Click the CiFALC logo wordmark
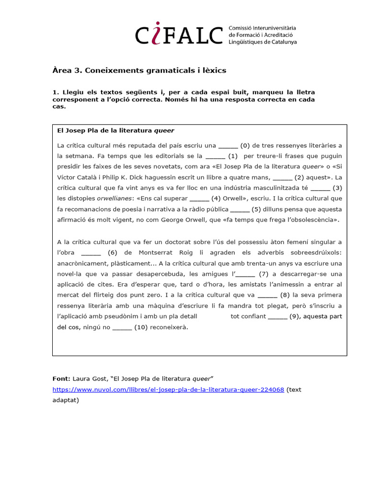click(179, 35)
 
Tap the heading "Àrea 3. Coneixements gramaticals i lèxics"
click(139, 70)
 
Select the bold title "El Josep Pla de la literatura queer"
click(115, 130)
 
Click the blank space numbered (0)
click(228, 145)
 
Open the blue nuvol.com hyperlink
click(168, 390)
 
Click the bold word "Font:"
click(61, 379)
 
